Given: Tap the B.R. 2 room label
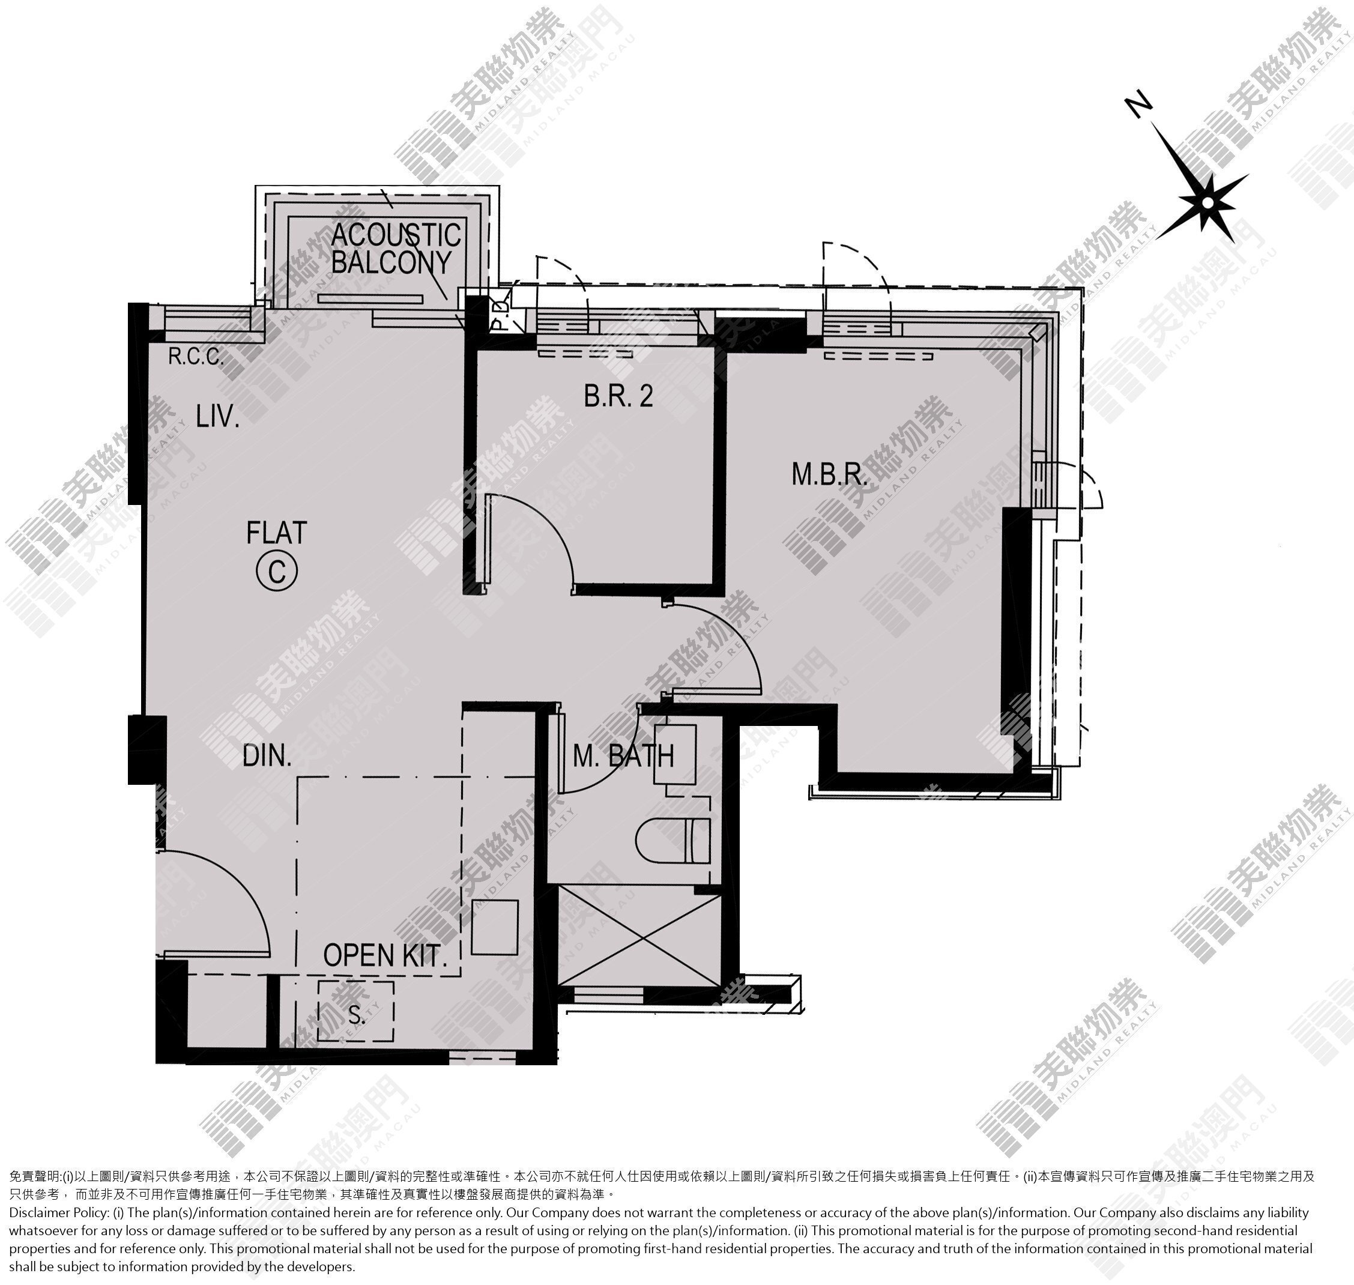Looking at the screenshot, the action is (618, 395).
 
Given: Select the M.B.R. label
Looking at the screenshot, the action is (829, 474).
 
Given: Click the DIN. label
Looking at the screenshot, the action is (267, 756).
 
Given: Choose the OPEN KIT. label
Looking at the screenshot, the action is (385, 955).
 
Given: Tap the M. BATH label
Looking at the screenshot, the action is (623, 756).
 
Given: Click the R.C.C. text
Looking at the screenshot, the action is (196, 356).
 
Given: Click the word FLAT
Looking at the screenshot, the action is (277, 533).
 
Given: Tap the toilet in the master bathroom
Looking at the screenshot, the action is (673, 840).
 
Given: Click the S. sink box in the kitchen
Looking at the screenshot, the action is (356, 1011).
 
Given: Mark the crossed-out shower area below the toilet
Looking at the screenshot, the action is (639, 935).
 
